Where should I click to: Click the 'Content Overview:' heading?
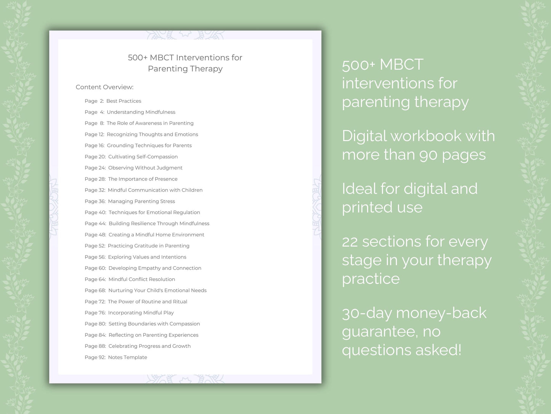(x=104, y=87)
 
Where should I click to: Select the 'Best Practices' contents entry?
(x=124, y=101)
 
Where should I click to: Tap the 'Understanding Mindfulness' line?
(x=141, y=112)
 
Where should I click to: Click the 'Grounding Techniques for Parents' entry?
(x=149, y=146)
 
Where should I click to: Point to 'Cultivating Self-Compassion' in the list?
(x=143, y=157)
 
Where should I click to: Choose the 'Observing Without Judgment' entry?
(x=145, y=168)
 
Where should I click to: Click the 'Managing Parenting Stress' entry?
(x=141, y=201)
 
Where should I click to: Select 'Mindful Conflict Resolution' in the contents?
(x=141, y=279)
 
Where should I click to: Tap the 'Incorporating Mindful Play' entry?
(x=141, y=313)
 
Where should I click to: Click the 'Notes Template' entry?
(x=127, y=357)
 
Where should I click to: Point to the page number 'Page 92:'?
(x=95, y=357)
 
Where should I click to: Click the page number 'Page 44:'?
(x=95, y=223)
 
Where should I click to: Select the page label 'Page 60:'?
(x=95, y=268)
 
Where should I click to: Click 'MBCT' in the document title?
(x=162, y=58)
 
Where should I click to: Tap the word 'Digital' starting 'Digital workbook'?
(x=364, y=136)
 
